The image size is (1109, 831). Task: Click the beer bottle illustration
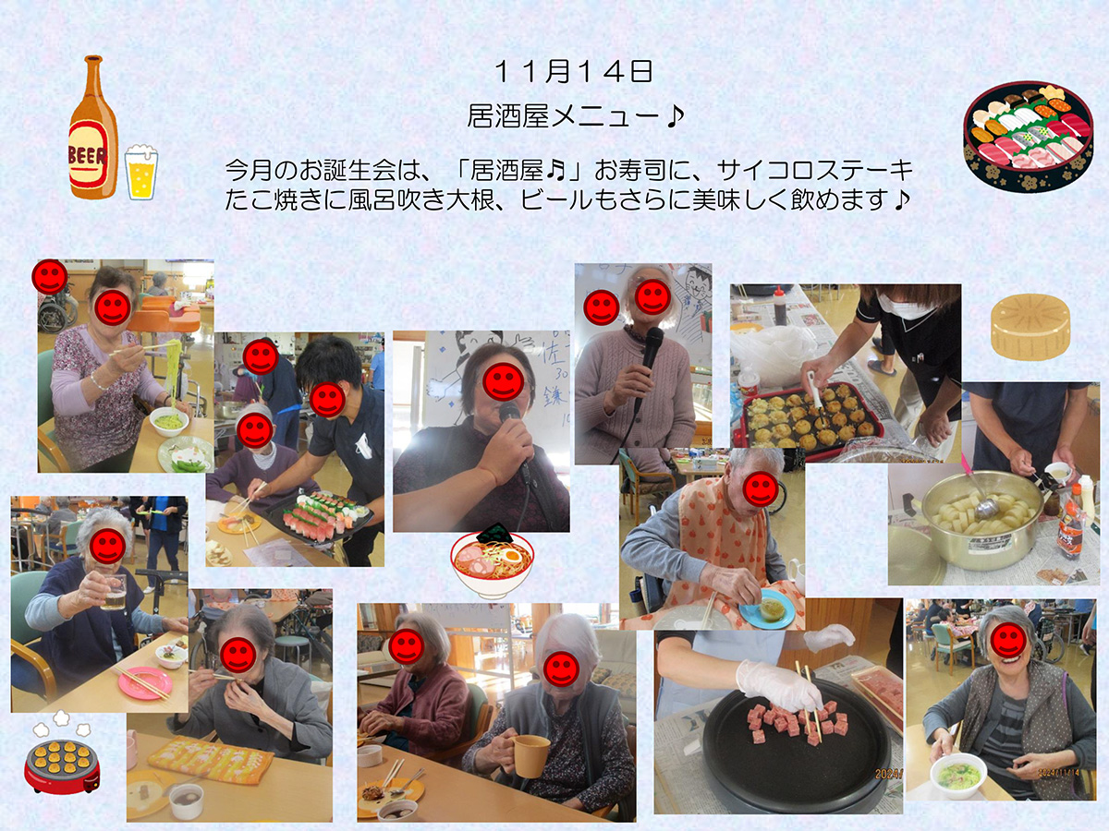click(x=93, y=127)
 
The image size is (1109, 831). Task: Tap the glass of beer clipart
click(x=141, y=172)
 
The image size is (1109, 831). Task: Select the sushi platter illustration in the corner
click(x=1029, y=137)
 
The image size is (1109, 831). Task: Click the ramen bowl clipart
click(x=492, y=561)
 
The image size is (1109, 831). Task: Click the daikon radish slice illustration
click(x=1030, y=327)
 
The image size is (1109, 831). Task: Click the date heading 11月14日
click(x=574, y=72)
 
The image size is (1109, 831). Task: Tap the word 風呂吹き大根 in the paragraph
click(x=420, y=199)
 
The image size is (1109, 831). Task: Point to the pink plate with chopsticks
click(x=145, y=682)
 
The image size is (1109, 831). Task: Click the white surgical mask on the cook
click(x=905, y=306)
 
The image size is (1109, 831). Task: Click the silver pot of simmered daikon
click(x=982, y=520)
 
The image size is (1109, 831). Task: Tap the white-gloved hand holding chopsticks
click(x=778, y=685)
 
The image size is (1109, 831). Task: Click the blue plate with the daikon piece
click(x=767, y=609)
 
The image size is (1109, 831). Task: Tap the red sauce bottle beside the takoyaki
click(x=781, y=306)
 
